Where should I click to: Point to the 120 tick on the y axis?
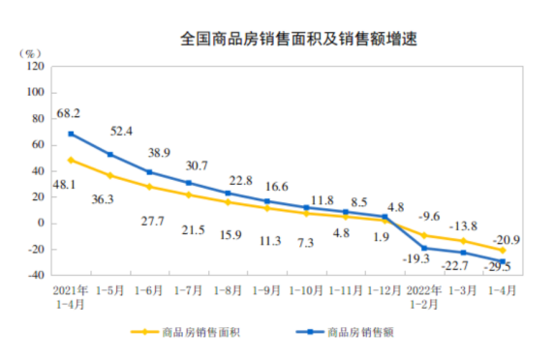[36, 67]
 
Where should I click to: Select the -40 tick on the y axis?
[36, 275]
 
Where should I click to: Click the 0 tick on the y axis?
[42, 223]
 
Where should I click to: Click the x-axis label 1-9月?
[267, 289]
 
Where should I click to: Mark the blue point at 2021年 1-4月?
[71, 134]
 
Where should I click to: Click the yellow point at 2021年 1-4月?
[71, 160]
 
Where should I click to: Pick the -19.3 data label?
[418, 260]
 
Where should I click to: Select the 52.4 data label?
[121, 131]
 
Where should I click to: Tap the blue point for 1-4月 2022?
[504, 261]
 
